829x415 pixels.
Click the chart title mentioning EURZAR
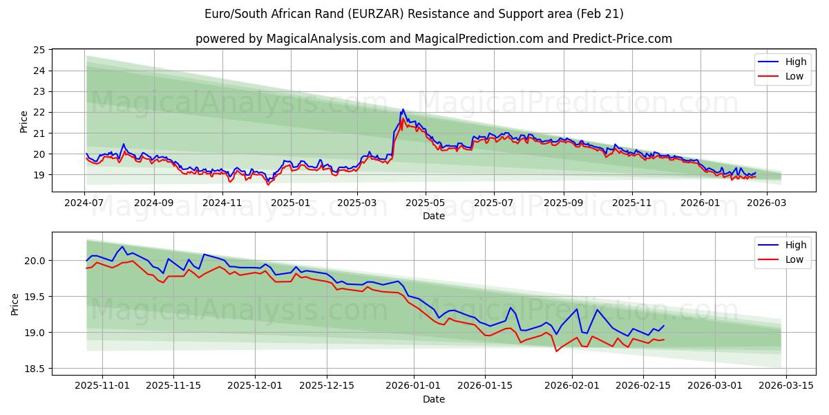414,14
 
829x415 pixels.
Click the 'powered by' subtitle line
433,39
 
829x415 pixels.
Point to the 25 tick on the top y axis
39,50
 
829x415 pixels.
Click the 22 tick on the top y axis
39,112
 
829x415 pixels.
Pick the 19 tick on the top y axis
39,175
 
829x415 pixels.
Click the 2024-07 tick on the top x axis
85,203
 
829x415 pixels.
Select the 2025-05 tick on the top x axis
425,203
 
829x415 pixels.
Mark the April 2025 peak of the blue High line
403,109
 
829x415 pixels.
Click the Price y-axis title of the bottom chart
15,304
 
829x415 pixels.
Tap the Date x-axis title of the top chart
433,216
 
